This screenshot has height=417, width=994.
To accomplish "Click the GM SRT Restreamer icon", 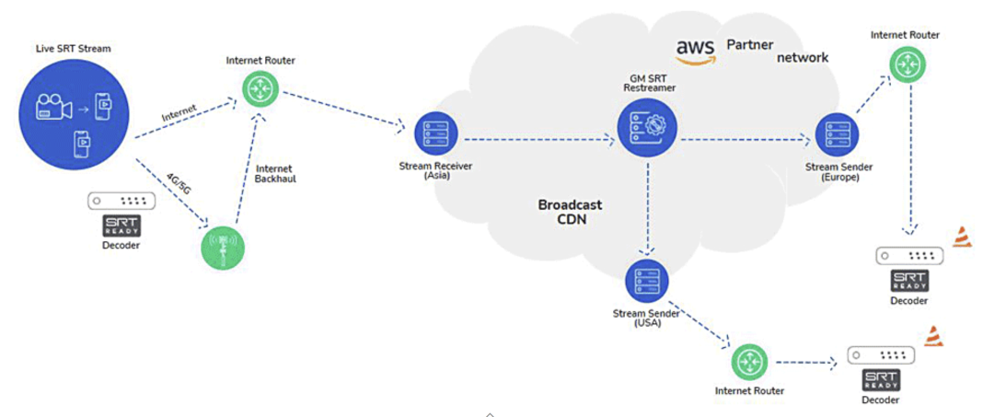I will click(x=646, y=128).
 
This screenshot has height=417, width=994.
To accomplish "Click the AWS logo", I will click(x=696, y=51).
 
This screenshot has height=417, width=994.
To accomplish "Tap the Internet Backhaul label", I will click(x=274, y=173).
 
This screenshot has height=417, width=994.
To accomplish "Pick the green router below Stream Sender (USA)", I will click(x=749, y=361).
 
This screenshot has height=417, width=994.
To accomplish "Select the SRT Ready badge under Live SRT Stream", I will click(x=120, y=226).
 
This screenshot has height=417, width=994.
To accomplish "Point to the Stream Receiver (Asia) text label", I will click(x=430, y=170).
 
